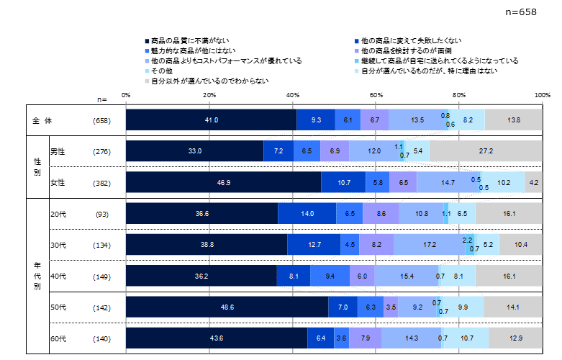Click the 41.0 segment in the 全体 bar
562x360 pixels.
coord(211,120)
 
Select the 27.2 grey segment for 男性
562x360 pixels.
coord(486,151)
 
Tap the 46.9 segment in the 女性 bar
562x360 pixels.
coord(223,182)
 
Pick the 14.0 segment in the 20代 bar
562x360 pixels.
coord(307,214)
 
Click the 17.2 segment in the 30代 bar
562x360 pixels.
coord(430,245)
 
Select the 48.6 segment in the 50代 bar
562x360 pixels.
coord(227,307)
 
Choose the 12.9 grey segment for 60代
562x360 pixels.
coord(515,338)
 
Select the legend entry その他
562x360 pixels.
coord(161,71)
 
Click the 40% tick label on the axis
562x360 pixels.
coord(293,95)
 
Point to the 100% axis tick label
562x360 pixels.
coord(542,95)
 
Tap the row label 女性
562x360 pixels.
coord(58,182)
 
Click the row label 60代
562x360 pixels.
coord(58,338)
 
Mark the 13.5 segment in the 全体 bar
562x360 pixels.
coord(416,120)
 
